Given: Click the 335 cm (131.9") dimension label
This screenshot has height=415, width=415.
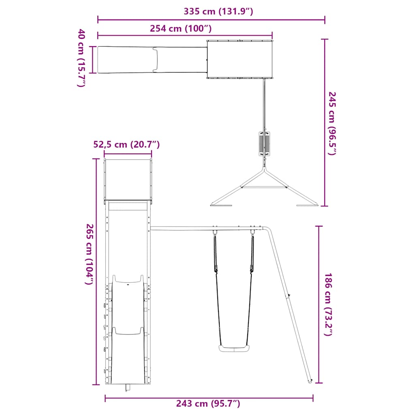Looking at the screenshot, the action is tap(218, 11).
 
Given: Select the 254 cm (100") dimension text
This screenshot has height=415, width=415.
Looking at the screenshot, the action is tap(181, 28).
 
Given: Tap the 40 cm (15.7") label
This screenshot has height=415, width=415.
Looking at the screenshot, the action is tap(81, 58).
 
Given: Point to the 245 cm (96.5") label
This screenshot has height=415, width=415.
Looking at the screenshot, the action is tap(332, 123).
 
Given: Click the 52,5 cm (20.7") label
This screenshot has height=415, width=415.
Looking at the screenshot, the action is tap(126, 145).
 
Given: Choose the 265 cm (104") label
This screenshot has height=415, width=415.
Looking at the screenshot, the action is tap(90, 255).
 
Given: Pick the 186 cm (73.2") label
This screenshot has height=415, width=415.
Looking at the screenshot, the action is tap(328, 304).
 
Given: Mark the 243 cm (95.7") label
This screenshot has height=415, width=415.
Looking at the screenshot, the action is tap(208, 403).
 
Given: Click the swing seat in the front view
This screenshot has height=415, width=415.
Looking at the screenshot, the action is tap(234, 348).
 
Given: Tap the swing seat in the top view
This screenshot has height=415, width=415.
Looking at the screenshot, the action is tap(264, 144).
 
